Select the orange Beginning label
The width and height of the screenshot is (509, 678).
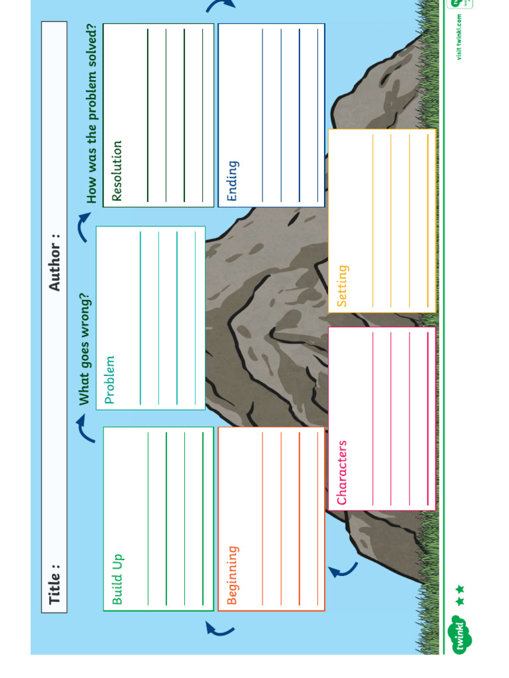(x=233, y=575)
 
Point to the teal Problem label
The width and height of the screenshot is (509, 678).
(x=110, y=379)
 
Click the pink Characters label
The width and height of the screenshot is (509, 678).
(x=342, y=473)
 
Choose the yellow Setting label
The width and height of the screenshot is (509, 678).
(x=342, y=286)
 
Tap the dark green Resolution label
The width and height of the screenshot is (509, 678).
(x=117, y=170)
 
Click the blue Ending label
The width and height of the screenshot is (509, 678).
(x=232, y=180)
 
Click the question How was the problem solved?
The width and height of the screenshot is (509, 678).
(x=91, y=113)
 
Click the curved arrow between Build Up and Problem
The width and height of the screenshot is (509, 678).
(x=84, y=428)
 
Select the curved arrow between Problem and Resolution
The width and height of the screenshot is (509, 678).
(x=84, y=226)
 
